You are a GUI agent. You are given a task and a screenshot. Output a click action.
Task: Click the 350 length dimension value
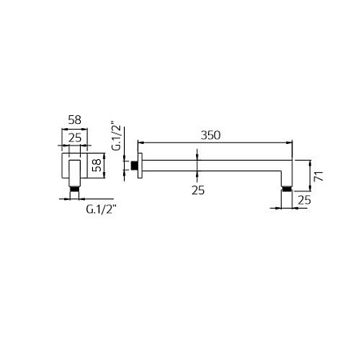pos(210,135)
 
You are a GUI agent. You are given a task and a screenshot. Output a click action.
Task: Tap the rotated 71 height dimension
pos(318,176)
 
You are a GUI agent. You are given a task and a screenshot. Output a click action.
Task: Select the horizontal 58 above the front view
pos(74,120)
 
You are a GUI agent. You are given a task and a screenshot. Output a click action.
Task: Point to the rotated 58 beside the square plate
pos(96,166)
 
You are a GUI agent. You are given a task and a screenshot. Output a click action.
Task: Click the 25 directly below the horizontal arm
pos(198,190)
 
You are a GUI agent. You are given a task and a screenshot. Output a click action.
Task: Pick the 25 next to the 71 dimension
pos(304,200)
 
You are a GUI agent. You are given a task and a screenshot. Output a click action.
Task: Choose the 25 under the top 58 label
pos(74,138)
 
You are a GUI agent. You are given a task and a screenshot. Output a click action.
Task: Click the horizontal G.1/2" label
pos(102,210)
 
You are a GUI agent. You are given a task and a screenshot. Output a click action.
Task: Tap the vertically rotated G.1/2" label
pos(116,137)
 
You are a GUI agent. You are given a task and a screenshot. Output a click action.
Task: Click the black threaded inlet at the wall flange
pos(134,166)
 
